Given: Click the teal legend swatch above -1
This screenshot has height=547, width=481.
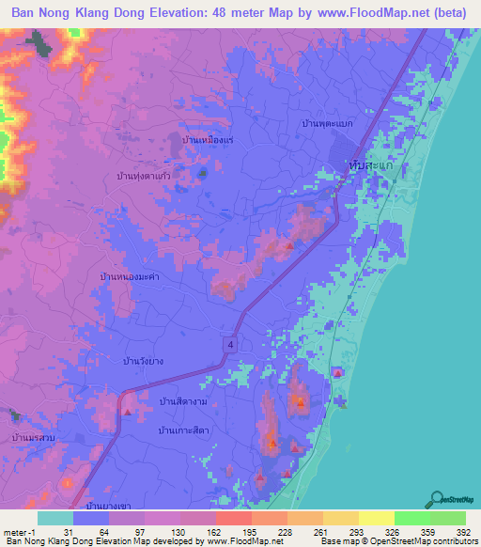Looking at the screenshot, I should click(55, 518).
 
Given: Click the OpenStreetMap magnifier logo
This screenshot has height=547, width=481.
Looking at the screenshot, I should click(439, 499).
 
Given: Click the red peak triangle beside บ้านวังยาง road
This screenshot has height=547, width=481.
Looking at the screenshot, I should click(128, 409).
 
